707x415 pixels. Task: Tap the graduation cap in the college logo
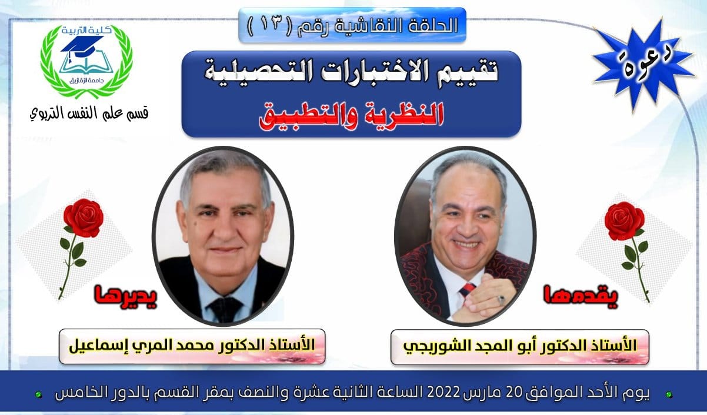[x=83, y=46]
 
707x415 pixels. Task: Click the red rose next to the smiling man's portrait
[x=628, y=249]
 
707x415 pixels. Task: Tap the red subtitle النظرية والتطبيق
[x=351, y=116]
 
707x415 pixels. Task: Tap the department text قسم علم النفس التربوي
[x=89, y=113]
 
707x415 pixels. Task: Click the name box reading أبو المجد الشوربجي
[x=520, y=347]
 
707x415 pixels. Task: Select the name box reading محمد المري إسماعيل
[x=192, y=346]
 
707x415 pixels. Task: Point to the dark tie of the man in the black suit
[x=225, y=309]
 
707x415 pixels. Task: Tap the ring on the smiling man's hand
[x=502, y=300]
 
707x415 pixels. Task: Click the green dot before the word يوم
[x=669, y=394]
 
